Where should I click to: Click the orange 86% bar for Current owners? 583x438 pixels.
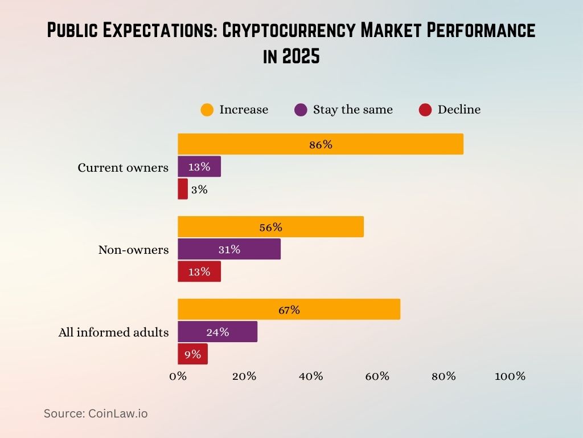pos(320,144)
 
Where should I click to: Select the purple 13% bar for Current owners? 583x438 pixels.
pos(199,167)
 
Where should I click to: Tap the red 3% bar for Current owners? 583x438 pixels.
pos(183,189)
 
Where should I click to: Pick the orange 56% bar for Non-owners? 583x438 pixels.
pos(270,227)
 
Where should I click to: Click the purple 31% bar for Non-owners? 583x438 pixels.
pos(229,249)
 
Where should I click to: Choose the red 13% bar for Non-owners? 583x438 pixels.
pos(199,271)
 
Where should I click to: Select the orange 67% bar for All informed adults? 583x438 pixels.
pos(289,310)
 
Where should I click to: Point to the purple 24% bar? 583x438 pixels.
pos(217,332)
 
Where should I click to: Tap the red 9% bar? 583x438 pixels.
pos(192,354)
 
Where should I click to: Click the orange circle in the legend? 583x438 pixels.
pos(207,109)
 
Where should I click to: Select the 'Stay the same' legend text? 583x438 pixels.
pos(352,109)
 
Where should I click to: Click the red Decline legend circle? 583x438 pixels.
pos(425,109)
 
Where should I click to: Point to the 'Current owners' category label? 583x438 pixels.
pos(123,168)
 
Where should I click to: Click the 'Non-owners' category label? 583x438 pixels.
pos(133,250)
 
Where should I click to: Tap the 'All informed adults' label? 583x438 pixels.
pos(113,332)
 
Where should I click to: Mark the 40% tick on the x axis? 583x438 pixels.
pos(311,376)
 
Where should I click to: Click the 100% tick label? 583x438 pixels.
pos(510,376)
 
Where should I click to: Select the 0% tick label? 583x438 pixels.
pos(178,376)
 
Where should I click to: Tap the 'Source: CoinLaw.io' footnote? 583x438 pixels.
pos(96,413)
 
